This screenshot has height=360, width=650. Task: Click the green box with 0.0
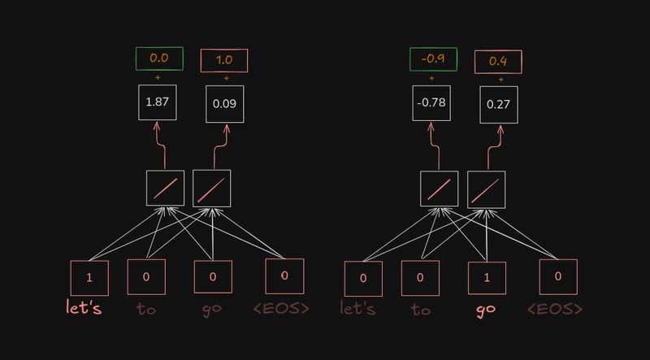[160, 59]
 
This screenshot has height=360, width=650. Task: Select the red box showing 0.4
[498, 61]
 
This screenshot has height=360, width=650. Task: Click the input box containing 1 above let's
[90, 278]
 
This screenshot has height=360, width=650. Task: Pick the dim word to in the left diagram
[146, 310]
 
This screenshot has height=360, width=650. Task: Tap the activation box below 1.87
[166, 189]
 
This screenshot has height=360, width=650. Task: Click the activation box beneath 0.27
[486, 189]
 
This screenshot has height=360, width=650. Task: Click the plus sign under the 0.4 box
[498, 79]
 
